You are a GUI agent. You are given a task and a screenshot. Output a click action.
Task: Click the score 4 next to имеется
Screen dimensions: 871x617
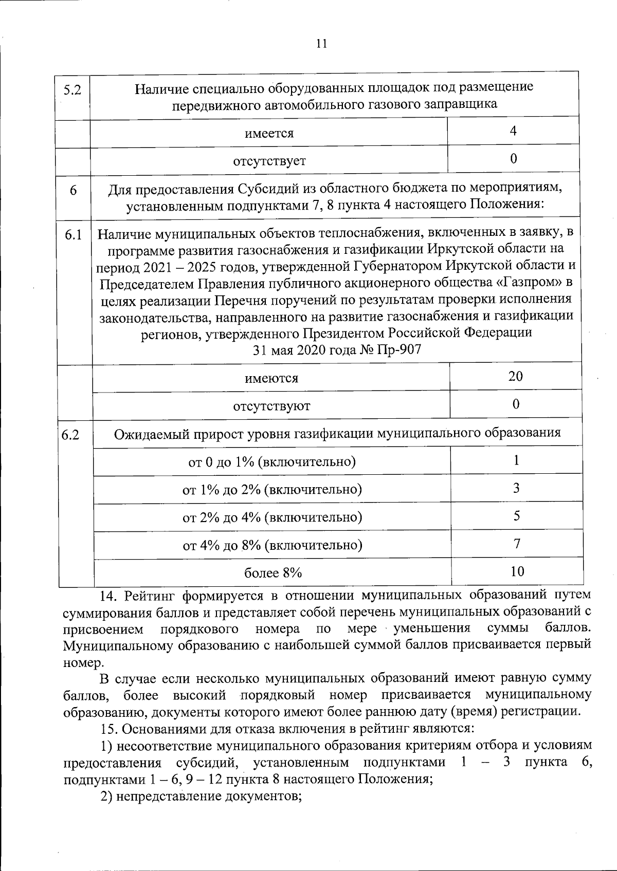click(x=513, y=131)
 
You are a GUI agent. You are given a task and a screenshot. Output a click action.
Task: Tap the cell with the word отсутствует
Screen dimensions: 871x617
click(x=269, y=161)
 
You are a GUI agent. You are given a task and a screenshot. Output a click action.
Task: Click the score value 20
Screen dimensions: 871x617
click(x=516, y=376)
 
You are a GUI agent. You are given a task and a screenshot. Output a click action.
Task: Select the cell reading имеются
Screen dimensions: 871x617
click(x=271, y=379)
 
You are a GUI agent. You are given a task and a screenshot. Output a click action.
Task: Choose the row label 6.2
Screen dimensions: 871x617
click(x=70, y=435)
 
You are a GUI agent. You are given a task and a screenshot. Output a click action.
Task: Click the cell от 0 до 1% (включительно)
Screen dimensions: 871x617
click(x=272, y=461)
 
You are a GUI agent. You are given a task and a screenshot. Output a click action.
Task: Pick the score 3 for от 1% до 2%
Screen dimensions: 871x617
click(x=516, y=488)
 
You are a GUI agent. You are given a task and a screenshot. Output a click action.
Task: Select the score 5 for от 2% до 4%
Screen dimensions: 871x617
click(x=516, y=515)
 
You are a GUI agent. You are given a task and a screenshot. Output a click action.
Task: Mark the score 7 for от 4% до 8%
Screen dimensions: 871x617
click(x=517, y=543)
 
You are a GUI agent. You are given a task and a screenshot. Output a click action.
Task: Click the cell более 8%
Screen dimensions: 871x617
click(x=273, y=572)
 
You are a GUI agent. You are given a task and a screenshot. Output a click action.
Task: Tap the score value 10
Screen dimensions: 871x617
click(x=517, y=571)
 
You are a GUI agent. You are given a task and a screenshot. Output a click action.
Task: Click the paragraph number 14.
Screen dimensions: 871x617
click(x=109, y=596)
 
